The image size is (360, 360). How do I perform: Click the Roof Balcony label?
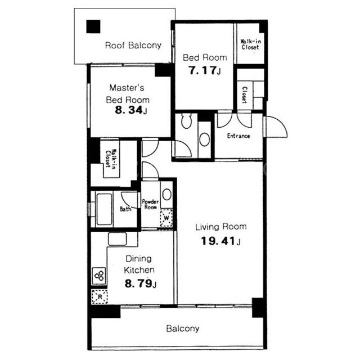click(133, 46)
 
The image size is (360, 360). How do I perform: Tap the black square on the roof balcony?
click(93, 26)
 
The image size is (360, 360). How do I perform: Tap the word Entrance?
click(238, 136)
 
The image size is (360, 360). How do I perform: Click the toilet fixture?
click(186, 121)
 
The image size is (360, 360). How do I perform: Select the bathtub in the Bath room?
click(105, 209)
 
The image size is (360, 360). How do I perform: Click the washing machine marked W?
click(166, 218)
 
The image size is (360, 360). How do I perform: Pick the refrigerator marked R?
click(100, 296)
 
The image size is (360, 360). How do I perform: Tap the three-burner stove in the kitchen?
click(99, 276)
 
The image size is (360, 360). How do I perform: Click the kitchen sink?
click(118, 239)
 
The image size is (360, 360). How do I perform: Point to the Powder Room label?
click(150, 204)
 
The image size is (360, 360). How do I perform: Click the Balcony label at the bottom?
click(182, 328)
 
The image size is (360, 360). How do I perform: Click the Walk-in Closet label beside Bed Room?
click(250, 44)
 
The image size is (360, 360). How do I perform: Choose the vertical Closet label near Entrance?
click(245, 95)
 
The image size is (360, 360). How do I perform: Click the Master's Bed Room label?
click(128, 94)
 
